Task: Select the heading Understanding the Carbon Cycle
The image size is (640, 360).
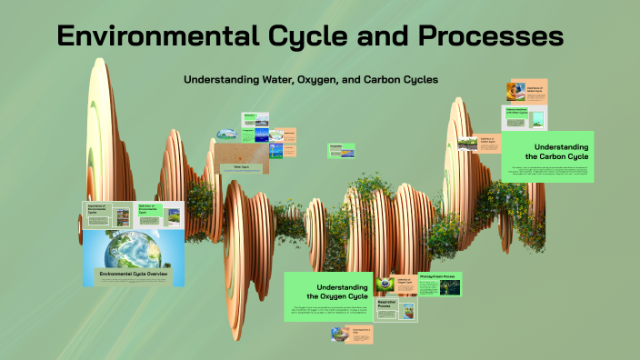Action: click(561, 151)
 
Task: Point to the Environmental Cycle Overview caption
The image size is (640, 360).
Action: click(134, 272)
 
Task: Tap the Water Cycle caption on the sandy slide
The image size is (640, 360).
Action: click(241, 167)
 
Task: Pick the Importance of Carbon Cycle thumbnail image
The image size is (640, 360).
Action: click(515, 92)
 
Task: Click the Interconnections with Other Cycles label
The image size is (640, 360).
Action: click(516, 113)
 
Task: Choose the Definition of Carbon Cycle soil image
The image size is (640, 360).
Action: click(469, 142)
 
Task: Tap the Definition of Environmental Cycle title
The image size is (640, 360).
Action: click(149, 210)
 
